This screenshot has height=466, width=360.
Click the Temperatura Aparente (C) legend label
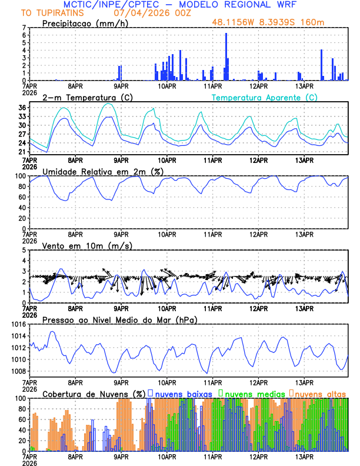tap(265, 97)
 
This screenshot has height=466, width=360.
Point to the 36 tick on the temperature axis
tap(22, 108)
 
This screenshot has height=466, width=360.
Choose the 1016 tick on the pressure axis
tap(18, 324)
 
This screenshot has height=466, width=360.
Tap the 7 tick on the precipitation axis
tap(24, 28)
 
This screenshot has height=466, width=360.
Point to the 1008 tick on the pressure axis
tap(18, 371)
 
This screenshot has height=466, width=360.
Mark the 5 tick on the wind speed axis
tap(24, 250)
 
